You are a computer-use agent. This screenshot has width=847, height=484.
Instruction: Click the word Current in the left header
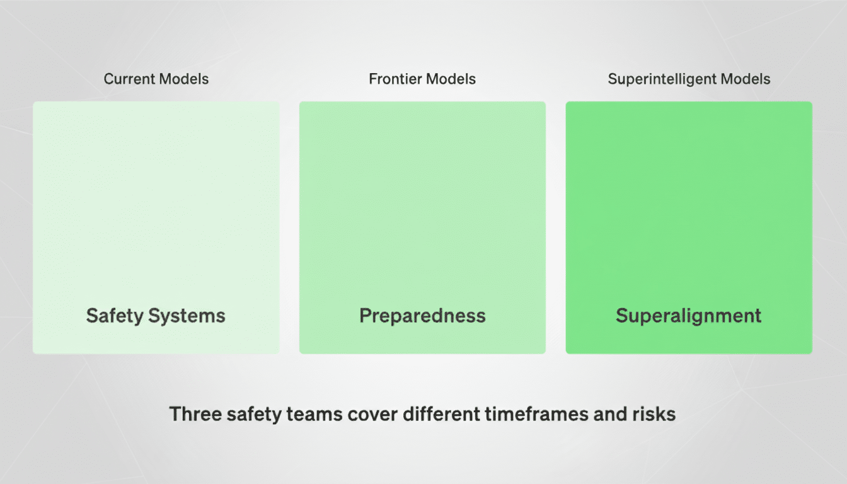point(129,79)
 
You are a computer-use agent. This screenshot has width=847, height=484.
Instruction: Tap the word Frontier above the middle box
point(395,79)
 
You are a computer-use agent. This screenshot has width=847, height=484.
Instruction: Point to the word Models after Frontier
point(450,79)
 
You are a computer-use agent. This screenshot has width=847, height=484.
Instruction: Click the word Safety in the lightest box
point(114,316)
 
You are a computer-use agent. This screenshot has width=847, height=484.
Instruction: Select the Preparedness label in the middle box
point(422,316)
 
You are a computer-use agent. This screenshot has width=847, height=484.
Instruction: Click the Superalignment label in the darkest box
point(689,316)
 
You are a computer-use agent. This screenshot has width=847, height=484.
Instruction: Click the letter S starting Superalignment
point(622,316)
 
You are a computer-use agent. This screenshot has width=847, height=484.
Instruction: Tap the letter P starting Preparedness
point(366,316)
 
